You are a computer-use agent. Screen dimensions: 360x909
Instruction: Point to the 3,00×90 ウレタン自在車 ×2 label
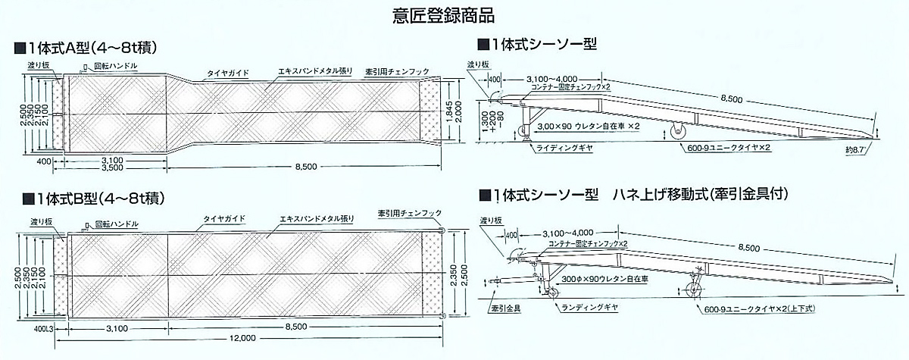pyautogui.click(x=588, y=126)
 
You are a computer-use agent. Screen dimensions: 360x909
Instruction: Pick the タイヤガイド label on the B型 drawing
pyautogui.click(x=223, y=218)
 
